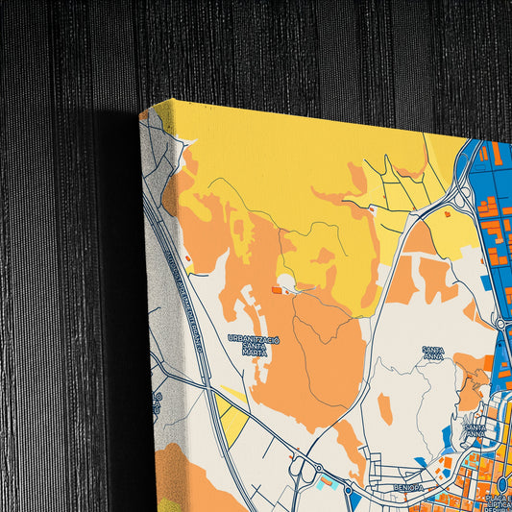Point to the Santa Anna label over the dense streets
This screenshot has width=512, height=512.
pos(475,429)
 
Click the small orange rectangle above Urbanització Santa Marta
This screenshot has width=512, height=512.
pos(277,288)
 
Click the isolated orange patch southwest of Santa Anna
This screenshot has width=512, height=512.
pos(385,408)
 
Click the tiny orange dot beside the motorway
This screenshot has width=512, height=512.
pos(187,258)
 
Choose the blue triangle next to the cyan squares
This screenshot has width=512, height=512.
pos(352,498)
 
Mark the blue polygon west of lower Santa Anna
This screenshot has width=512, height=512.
pos(448,438)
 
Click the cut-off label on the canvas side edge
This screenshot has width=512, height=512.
pos(157,402)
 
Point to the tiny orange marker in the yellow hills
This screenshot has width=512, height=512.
pos(371,207)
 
